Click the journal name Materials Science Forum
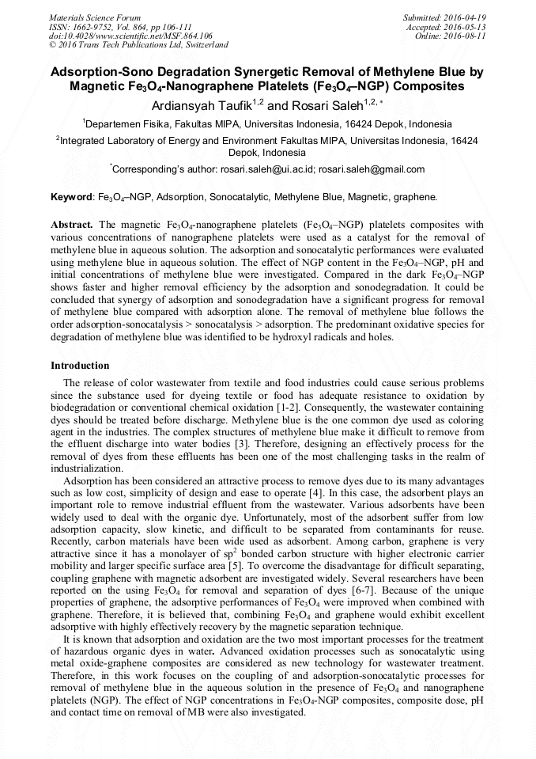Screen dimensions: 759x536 click(95, 17)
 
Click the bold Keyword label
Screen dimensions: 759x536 click(72, 195)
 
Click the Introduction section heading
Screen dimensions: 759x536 click(80, 366)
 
